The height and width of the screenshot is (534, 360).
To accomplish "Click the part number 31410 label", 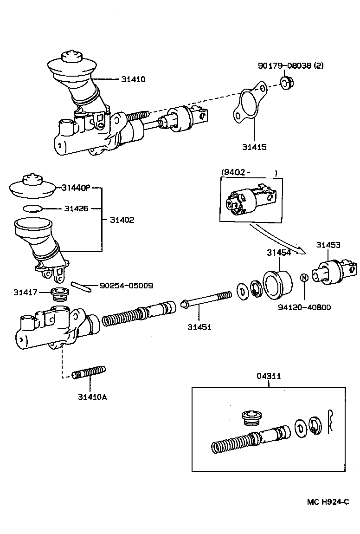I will pyautogui.click(x=134, y=79).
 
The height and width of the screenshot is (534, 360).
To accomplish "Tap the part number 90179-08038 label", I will pyautogui.click(x=290, y=65).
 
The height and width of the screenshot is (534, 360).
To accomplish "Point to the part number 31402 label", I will pyautogui.click(x=122, y=220).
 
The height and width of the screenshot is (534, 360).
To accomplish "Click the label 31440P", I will pyautogui.click(x=76, y=188).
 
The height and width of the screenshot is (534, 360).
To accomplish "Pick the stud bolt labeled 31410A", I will pyautogui.click(x=89, y=372).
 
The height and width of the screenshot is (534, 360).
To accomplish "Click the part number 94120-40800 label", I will pyautogui.click(x=304, y=307).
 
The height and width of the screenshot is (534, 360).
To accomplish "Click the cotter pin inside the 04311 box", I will pyautogui.click(x=330, y=422).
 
